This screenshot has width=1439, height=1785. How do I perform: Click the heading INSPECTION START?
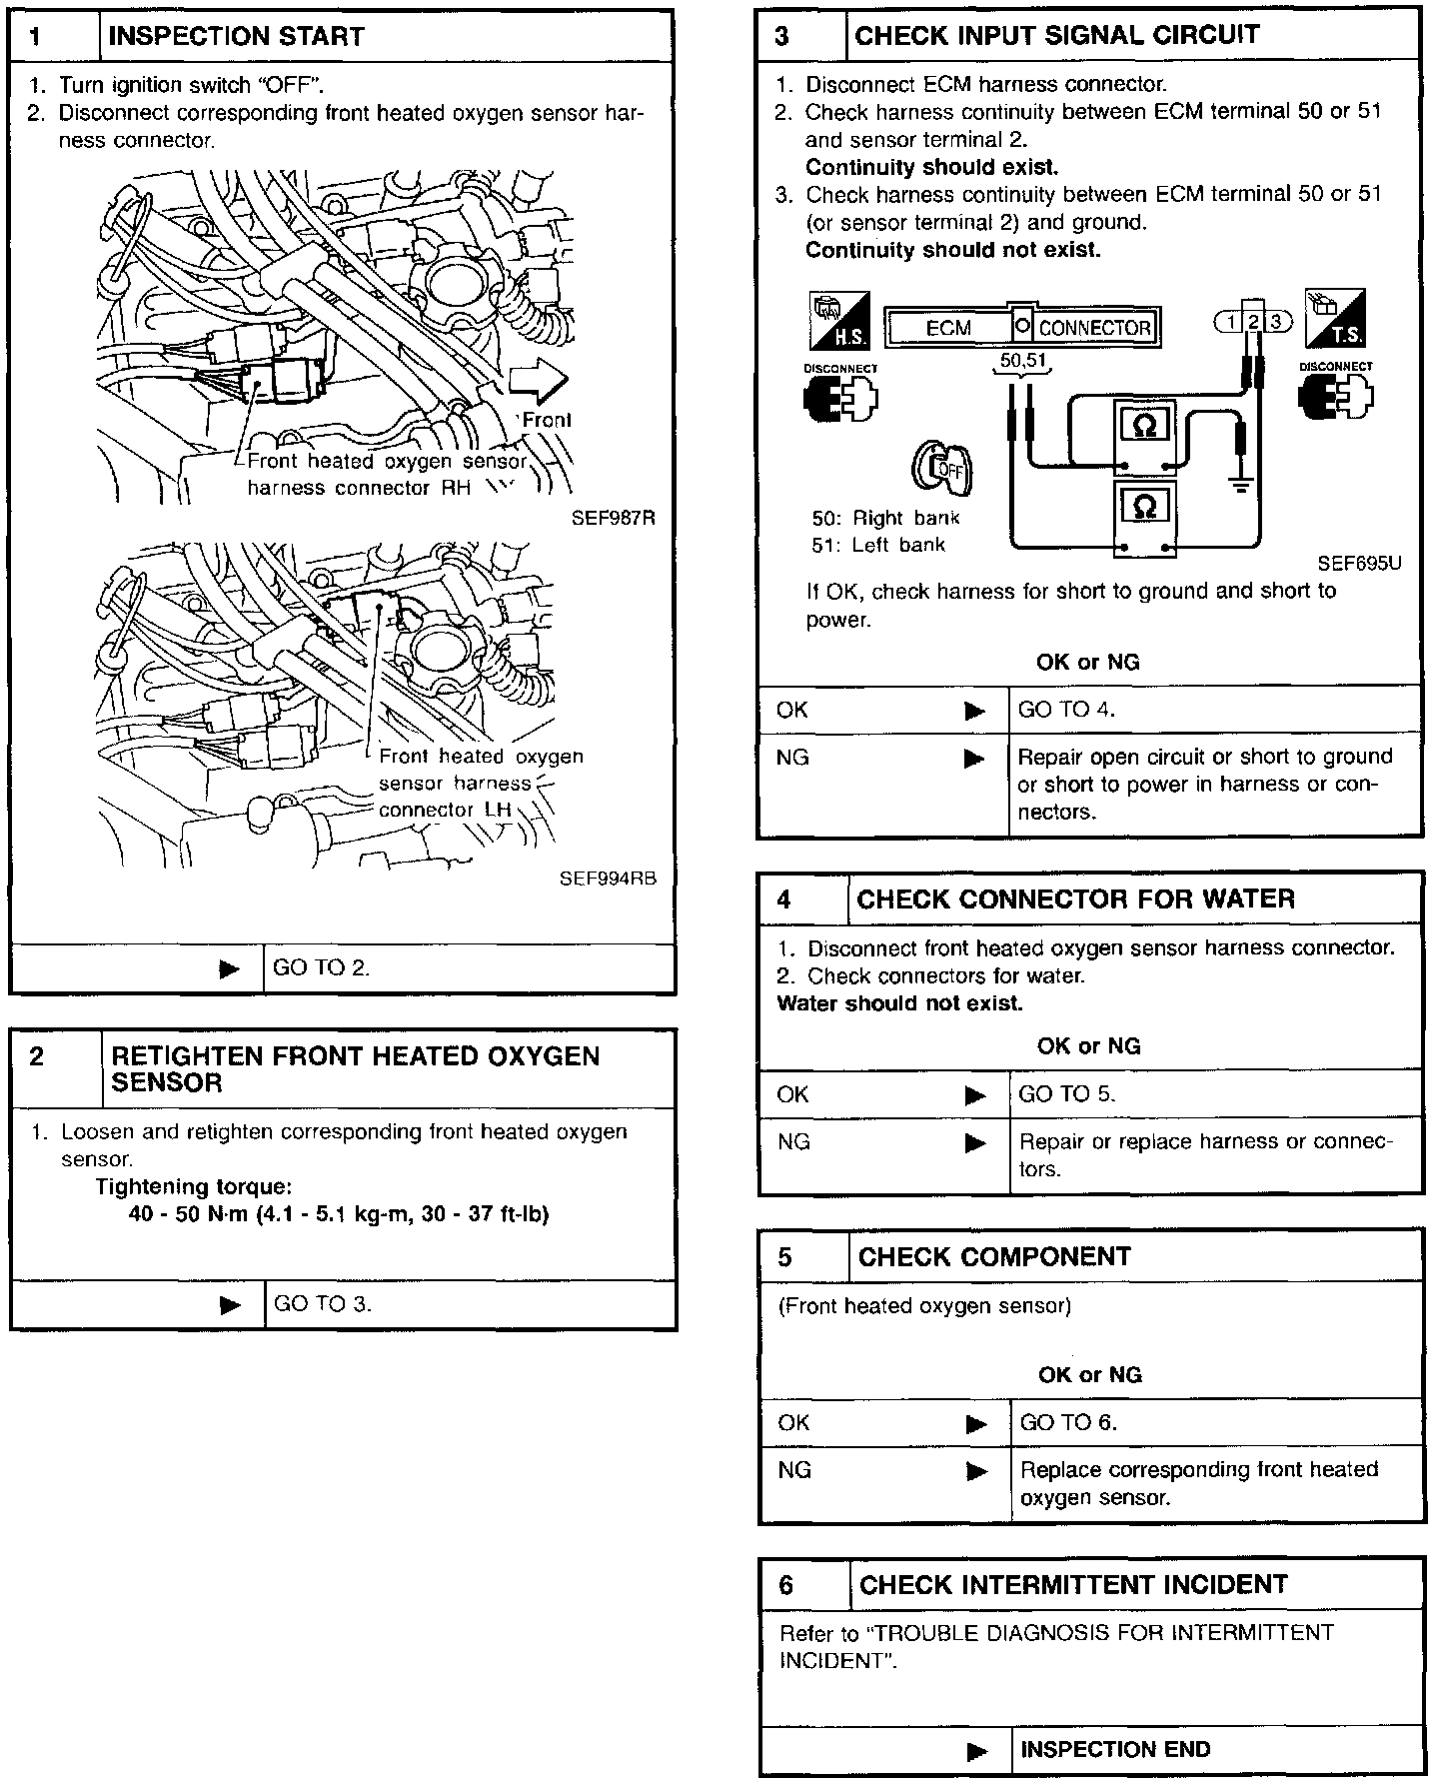coord(236,37)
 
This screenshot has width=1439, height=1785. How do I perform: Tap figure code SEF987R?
coord(613,518)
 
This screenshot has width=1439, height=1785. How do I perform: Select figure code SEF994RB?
coord(608,879)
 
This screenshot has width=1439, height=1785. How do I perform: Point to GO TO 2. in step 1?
coord(321,967)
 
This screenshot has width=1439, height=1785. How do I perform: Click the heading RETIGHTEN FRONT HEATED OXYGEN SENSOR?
coord(355,1069)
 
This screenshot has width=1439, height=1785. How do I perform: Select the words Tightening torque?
coord(193,1186)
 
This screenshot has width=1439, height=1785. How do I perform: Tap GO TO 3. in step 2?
coord(322,1303)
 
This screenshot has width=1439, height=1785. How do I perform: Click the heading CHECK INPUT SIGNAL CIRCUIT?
coord(1057,36)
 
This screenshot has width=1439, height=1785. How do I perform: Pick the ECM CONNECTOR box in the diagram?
coord(1022,327)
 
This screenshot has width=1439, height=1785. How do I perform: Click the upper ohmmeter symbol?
coord(1145,425)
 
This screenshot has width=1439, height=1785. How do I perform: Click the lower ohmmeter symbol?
coord(1145,507)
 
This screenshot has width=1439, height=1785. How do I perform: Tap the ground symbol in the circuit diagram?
coord(1240,487)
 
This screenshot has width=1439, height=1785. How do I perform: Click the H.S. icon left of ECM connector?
coord(838,321)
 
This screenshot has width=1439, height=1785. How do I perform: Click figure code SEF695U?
coord(1358,564)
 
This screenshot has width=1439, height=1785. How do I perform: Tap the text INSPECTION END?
coord(1115,1749)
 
